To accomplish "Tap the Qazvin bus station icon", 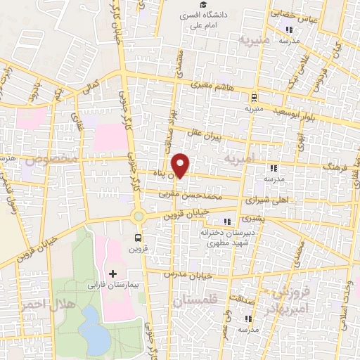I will (138, 237).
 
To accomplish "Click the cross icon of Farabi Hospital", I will (112, 273).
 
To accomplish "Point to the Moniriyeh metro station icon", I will (253, 98).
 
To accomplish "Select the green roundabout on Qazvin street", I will (139, 217).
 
